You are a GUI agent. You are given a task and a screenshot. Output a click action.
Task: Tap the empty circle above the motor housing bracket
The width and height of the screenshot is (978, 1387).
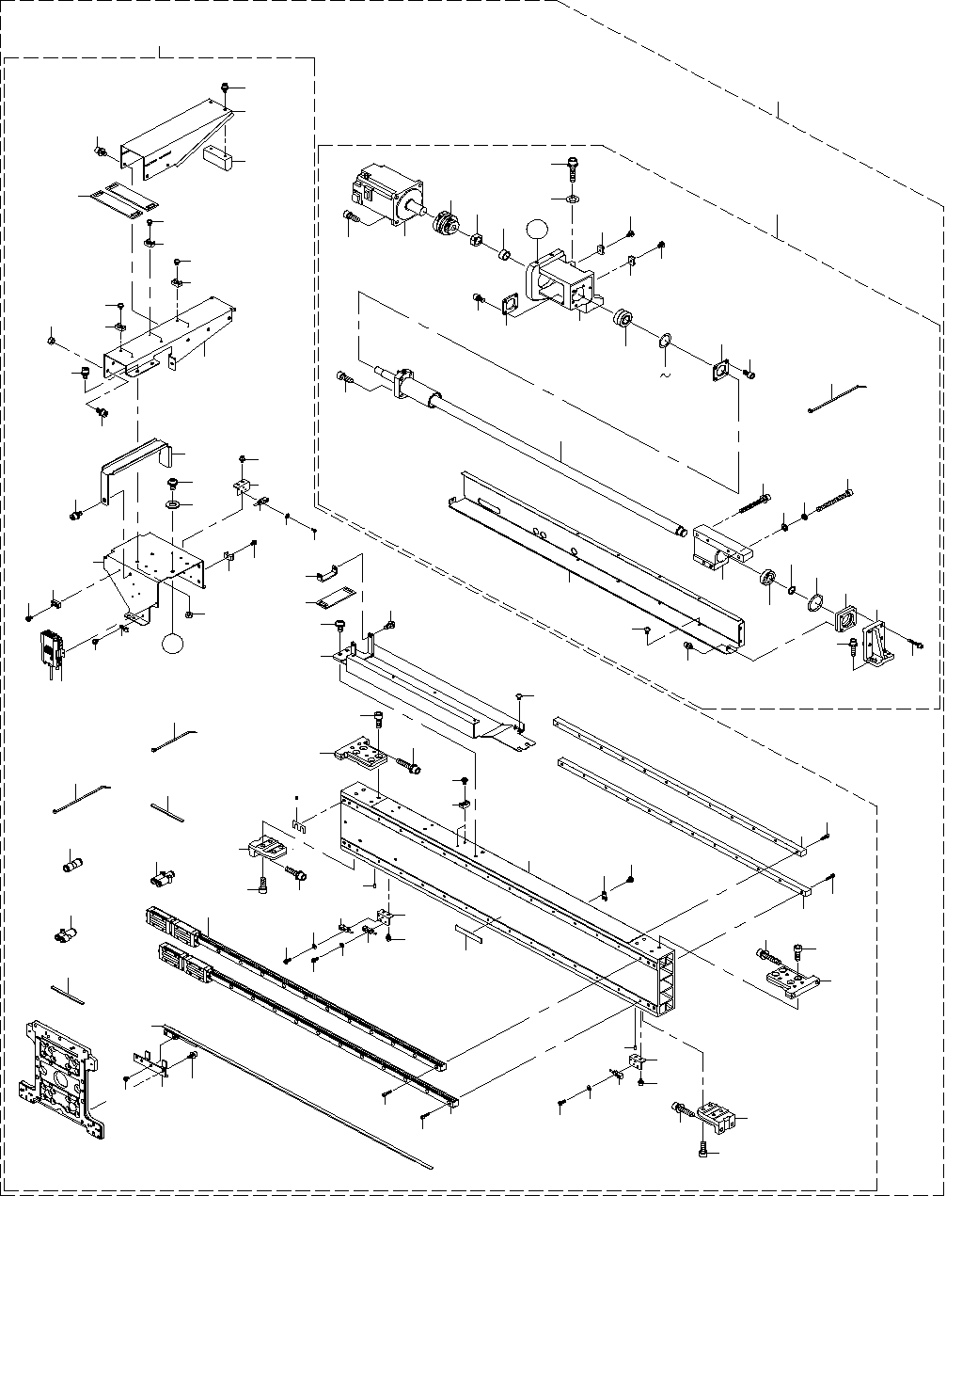click(x=536, y=229)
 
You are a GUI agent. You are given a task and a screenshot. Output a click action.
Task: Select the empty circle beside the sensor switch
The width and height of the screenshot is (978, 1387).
click(x=173, y=644)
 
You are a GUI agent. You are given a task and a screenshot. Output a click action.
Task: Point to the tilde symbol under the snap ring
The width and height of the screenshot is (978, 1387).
click(x=666, y=375)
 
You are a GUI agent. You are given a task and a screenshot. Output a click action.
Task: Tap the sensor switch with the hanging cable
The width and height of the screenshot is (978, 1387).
click(x=49, y=647)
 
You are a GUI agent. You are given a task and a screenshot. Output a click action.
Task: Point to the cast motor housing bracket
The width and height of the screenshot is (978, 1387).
click(x=562, y=282)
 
